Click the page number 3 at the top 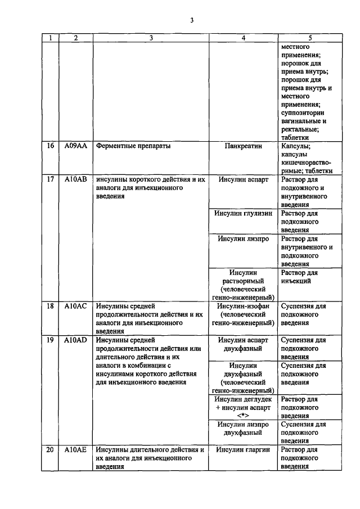click(x=191, y=21)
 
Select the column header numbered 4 click(x=244, y=38)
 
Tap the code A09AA click(x=75, y=146)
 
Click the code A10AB click(x=75, y=180)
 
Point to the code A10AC click(x=75, y=307)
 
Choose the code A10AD click(x=75, y=340)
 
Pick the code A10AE click(x=75, y=450)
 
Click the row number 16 click(x=49, y=146)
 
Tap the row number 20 click(x=49, y=450)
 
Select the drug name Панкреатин click(x=244, y=146)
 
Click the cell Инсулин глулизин click(x=244, y=214)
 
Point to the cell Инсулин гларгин click(x=244, y=450)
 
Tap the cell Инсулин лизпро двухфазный click(x=244, y=429)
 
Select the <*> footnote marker click(x=244, y=416)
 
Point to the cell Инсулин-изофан click(x=244, y=307)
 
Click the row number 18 click(x=49, y=307)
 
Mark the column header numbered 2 click(x=75, y=38)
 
